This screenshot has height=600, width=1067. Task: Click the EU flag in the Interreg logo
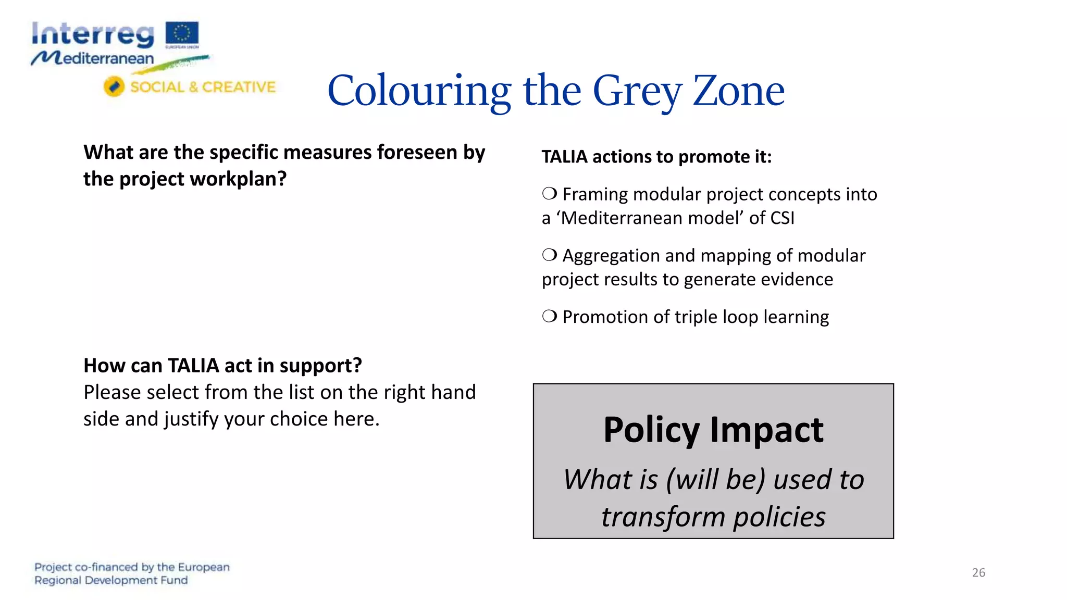182,33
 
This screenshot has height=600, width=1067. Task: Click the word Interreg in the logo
93,34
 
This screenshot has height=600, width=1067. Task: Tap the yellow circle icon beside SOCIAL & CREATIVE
114,86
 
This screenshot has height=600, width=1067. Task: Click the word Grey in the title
637,91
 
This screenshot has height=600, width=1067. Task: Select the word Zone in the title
738,91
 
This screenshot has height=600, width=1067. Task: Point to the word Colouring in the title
419,91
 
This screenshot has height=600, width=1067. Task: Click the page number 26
978,572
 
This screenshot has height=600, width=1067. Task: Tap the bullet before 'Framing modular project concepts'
549,194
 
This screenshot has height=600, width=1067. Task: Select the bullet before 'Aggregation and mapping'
549,255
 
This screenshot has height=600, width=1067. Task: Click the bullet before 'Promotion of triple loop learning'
549,316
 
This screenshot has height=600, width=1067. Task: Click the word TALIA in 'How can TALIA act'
193,366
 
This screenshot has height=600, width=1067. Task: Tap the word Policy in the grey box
651,430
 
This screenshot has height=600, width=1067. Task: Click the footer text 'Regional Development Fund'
111,580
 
